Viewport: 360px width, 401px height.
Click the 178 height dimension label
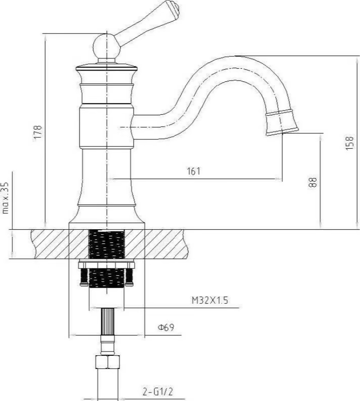point(38,132)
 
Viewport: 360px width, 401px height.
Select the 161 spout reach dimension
point(194,171)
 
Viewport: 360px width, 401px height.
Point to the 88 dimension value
point(312,183)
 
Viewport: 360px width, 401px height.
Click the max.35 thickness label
point(5,198)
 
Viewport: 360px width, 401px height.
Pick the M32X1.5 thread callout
point(210,300)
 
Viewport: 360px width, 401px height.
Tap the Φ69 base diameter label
point(166,327)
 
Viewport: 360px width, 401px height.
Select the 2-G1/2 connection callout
point(158,392)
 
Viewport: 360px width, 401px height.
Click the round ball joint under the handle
point(105,47)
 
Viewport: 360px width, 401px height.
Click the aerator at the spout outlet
point(281,123)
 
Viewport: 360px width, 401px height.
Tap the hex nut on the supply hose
point(108,361)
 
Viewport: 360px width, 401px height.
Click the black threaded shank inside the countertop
point(107,244)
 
